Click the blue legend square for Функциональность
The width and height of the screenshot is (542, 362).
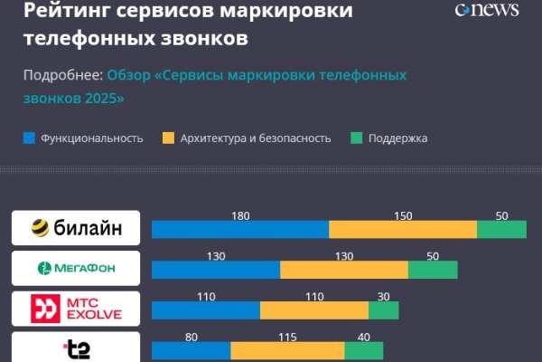tap(29, 138)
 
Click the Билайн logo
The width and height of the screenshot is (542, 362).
tap(76, 228)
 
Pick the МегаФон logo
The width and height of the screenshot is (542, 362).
tap(76, 269)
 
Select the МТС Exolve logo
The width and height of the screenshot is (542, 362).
tap(76, 309)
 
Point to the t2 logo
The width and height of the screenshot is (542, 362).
tap(76, 348)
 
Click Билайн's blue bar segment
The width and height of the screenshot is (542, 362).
tap(240, 229)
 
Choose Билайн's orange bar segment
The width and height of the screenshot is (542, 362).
tap(403, 229)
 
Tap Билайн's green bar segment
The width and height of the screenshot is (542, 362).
tap(501, 229)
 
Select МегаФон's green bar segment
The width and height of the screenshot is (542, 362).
tap(433, 270)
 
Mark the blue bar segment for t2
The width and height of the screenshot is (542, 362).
tap(192, 350)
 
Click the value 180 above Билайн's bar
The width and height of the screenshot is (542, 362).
tap(240, 215)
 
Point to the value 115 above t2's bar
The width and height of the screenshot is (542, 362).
tap(288, 337)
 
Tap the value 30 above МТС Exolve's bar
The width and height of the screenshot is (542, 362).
tap(384, 297)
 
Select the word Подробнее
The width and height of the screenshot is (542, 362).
tap(62, 75)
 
